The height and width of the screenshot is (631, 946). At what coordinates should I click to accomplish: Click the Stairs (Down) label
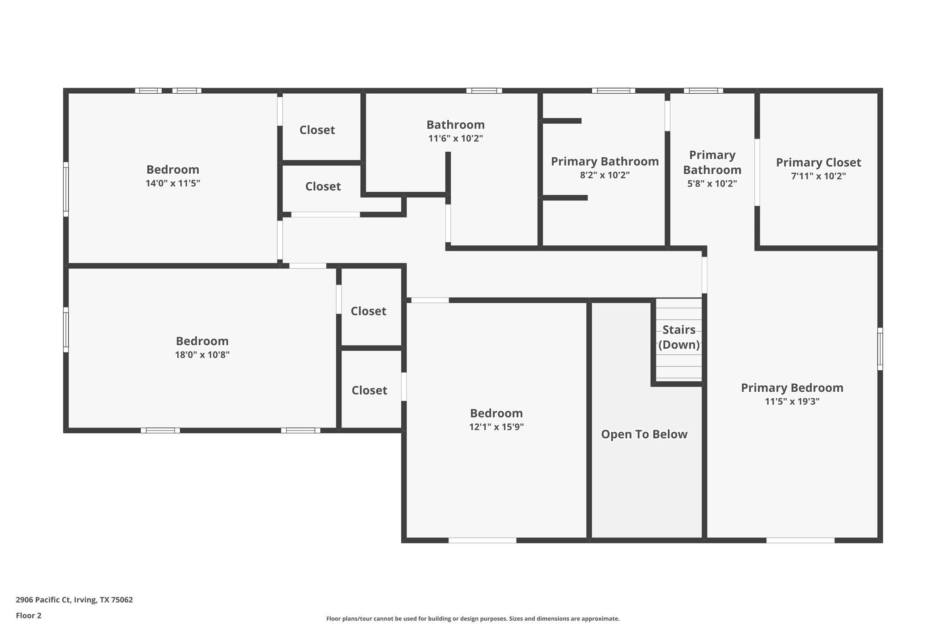(x=679, y=337)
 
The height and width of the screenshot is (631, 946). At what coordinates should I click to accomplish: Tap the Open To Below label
(x=644, y=434)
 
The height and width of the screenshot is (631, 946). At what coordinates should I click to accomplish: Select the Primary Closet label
(x=818, y=163)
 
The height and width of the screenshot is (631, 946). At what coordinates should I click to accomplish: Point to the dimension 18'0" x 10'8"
(x=202, y=355)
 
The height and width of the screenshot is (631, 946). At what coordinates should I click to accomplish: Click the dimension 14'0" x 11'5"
(x=172, y=183)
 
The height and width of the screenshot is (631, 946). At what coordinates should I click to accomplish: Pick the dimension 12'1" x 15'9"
(x=496, y=427)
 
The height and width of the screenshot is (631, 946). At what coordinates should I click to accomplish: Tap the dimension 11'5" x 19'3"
(x=792, y=401)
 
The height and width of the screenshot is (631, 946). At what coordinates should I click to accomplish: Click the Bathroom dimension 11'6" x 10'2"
(x=455, y=139)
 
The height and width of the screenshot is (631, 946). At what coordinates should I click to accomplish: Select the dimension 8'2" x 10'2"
(x=605, y=175)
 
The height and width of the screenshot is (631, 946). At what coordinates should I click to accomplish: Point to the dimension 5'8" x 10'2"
(x=712, y=183)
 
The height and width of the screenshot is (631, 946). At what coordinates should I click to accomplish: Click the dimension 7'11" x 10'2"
(x=818, y=176)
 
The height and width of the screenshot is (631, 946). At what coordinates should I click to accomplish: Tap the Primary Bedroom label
(x=792, y=388)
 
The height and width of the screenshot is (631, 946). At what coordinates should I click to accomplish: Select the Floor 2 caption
(x=28, y=615)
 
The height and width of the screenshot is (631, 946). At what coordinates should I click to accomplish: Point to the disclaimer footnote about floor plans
(x=473, y=618)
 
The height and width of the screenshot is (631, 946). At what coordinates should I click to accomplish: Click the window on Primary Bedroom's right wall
(x=880, y=349)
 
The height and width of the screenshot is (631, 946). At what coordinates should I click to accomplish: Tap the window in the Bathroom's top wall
(x=484, y=91)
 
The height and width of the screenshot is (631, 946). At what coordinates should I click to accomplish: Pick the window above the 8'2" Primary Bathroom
(x=613, y=91)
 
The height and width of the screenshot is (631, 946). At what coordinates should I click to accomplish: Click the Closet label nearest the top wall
(x=317, y=130)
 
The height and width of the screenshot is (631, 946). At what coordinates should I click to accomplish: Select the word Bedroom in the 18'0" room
(x=202, y=341)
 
